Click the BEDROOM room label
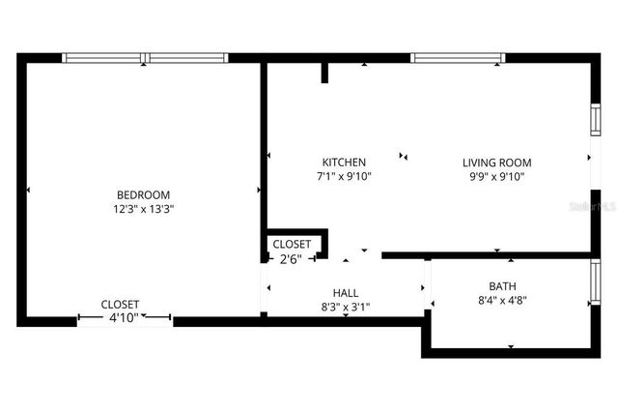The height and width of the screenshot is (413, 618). pyautogui.click(x=143, y=194)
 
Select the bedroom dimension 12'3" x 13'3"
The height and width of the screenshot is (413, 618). pyautogui.click(x=143, y=208)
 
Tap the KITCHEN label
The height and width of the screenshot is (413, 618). pyautogui.click(x=344, y=162)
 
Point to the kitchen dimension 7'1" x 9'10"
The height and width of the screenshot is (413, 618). pyautogui.click(x=344, y=176)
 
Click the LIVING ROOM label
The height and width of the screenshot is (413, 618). pyautogui.click(x=496, y=162)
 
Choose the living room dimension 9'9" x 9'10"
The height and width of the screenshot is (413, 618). pyautogui.click(x=496, y=176)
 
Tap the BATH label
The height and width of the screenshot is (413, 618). pyautogui.click(x=502, y=286)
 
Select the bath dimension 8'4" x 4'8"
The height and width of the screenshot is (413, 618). pyautogui.click(x=502, y=300)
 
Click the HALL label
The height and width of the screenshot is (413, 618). pyautogui.click(x=345, y=293)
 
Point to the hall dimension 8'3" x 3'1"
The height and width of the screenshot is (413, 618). pyautogui.click(x=345, y=307)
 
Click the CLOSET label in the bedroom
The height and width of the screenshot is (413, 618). pyautogui.click(x=121, y=304)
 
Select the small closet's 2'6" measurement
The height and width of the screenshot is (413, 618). pyautogui.click(x=292, y=258)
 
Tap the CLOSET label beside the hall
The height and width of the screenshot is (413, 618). pyautogui.click(x=292, y=245)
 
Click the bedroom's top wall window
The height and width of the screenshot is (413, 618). pyautogui.click(x=145, y=58)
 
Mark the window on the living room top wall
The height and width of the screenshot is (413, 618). pyautogui.click(x=458, y=58)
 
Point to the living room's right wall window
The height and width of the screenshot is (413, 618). pyautogui.click(x=595, y=117)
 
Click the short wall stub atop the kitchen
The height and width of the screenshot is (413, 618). pyautogui.click(x=325, y=73)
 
